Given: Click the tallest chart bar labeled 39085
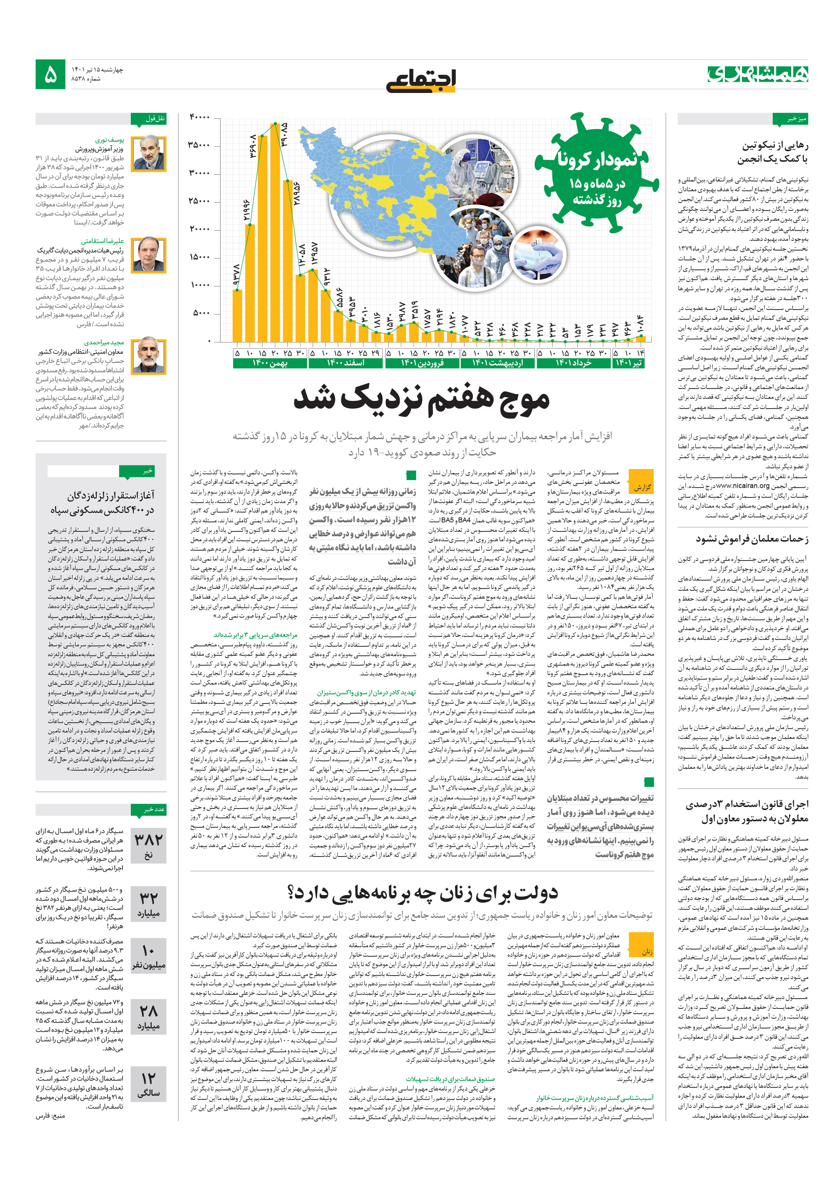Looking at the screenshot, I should point(275,233).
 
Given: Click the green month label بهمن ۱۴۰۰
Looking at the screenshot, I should point(269,363).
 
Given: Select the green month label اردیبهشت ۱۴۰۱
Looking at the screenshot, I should point(497,363).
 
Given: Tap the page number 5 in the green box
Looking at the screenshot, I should point(50,75).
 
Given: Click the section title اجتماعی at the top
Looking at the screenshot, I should point(421,80).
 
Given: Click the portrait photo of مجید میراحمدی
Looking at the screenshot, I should point(149,356).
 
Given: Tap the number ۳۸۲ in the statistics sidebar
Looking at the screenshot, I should point(148,839).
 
